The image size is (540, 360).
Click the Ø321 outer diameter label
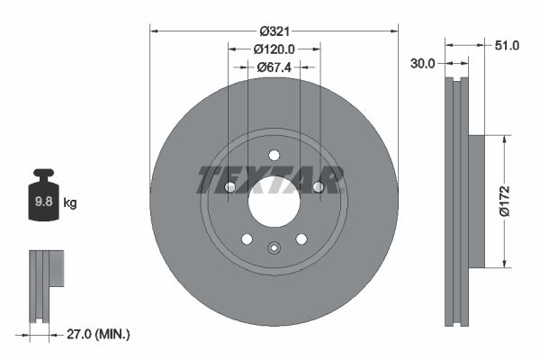pyautogui.click(x=274, y=31)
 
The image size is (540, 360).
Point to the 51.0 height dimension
pyautogui.click(x=508, y=45)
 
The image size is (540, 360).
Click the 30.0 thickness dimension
pyautogui.click(x=423, y=63)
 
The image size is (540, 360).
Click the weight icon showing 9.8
pyautogui.click(x=43, y=200)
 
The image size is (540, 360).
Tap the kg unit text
pyautogui.click(x=70, y=203)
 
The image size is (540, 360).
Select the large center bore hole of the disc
pyautogui.click(x=274, y=200)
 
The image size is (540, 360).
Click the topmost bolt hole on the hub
pyautogui.click(x=274, y=155)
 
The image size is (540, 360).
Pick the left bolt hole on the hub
pyautogui.click(x=229, y=187)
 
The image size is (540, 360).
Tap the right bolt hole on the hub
pyautogui.click(x=318, y=187)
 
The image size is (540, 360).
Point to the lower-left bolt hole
pyautogui.click(x=247, y=238)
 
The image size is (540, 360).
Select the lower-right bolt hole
pyautogui.click(x=301, y=238)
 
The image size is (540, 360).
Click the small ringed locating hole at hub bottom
pyautogui.click(x=274, y=247)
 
